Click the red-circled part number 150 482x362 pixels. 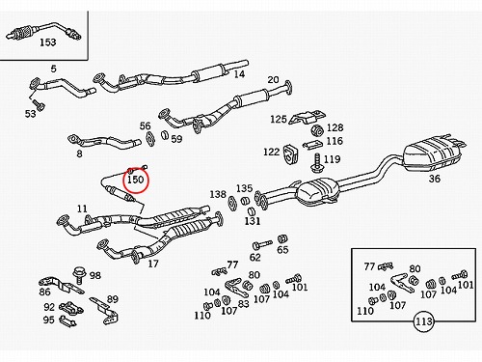pyautogui.click(x=136, y=180)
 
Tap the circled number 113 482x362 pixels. pyautogui.click(x=424, y=321)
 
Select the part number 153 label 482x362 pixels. pyautogui.click(x=48, y=42)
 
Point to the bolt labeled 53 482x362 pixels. pyautogui.click(x=39, y=104)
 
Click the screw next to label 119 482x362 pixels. pyautogui.click(x=316, y=163)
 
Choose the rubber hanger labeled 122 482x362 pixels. pyautogui.click(x=289, y=153)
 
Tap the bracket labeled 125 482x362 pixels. pyautogui.click(x=307, y=118)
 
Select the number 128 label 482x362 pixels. pyautogui.click(x=335, y=127)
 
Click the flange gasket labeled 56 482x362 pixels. pyautogui.click(x=149, y=138)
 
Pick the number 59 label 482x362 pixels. pyautogui.click(x=176, y=139)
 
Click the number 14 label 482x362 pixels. pyautogui.click(x=239, y=74)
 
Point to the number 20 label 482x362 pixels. pyautogui.click(x=273, y=79)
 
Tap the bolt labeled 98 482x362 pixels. pyautogui.click(x=78, y=274)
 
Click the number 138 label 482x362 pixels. pyautogui.click(x=218, y=194)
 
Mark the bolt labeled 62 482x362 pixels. pyautogui.click(x=262, y=245)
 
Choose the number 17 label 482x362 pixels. pyautogui.click(x=153, y=264)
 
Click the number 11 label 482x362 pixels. pyautogui.click(x=82, y=209)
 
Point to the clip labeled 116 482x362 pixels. pyautogui.click(x=312, y=144)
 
